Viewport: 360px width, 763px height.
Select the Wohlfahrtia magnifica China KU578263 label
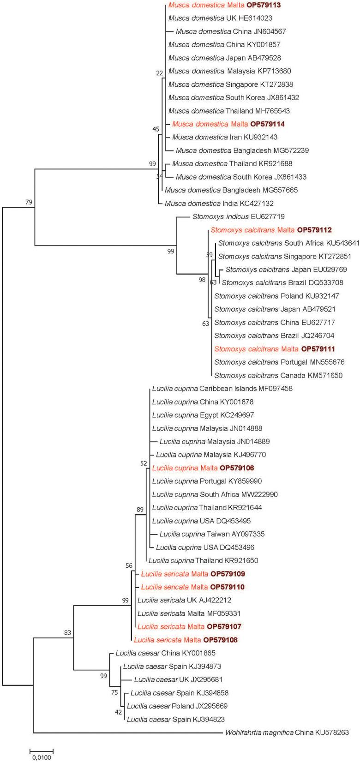(x=286, y=733)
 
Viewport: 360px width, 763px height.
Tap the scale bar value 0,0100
(x=42, y=757)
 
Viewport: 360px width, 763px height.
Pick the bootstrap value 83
(x=67, y=633)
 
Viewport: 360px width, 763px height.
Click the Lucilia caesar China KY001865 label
(x=166, y=653)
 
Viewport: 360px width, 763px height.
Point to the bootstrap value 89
(x=140, y=510)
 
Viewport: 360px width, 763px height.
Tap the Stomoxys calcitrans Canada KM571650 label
(x=278, y=376)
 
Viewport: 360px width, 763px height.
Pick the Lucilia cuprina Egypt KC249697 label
(x=203, y=415)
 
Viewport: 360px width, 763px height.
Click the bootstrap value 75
(x=114, y=692)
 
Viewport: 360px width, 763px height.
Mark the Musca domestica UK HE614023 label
(x=220, y=18)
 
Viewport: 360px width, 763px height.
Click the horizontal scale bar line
(x=42, y=750)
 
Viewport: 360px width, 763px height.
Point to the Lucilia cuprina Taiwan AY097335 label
(x=212, y=535)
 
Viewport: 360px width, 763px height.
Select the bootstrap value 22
(x=160, y=73)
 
